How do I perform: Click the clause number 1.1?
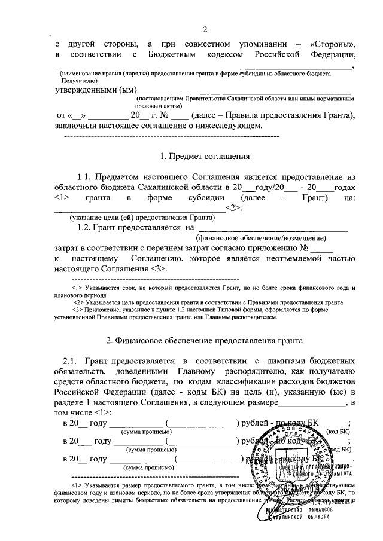point(86,177)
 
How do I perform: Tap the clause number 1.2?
point(86,227)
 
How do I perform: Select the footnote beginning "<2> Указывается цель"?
point(207,302)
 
